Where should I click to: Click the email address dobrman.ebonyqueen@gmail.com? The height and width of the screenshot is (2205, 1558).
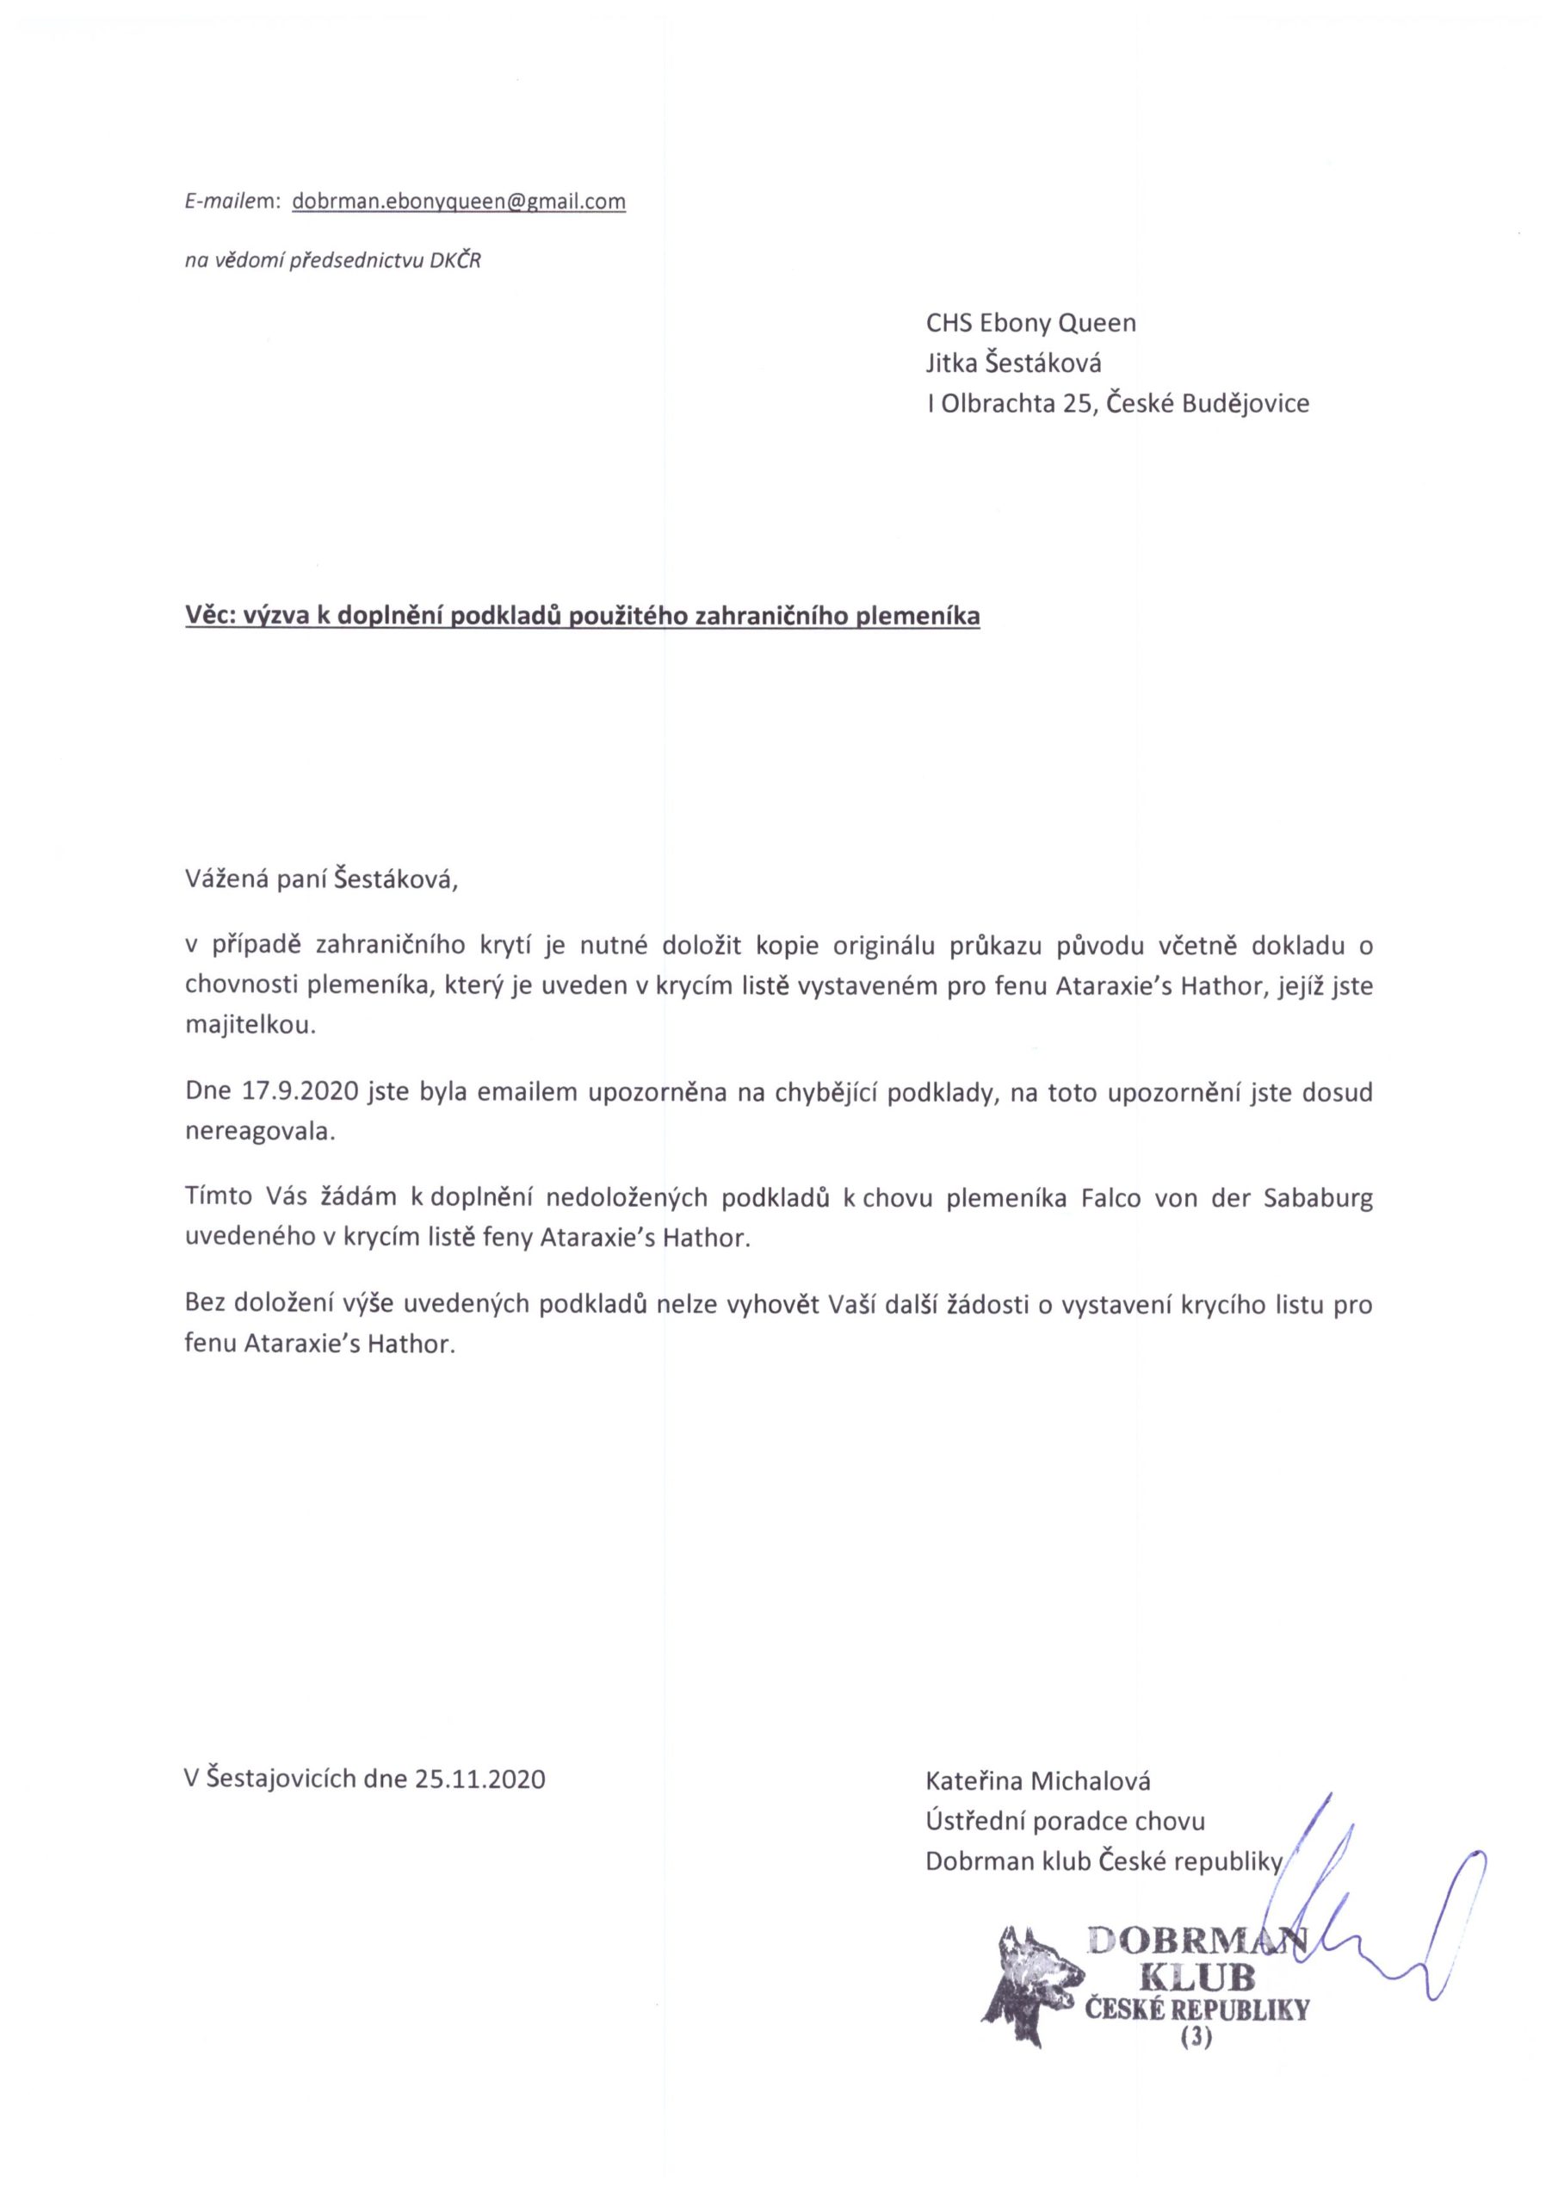(458, 202)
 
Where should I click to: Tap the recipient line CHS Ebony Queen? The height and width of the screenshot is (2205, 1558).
(1030, 323)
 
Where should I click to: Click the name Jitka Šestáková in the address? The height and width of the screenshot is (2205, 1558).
(1013, 363)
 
